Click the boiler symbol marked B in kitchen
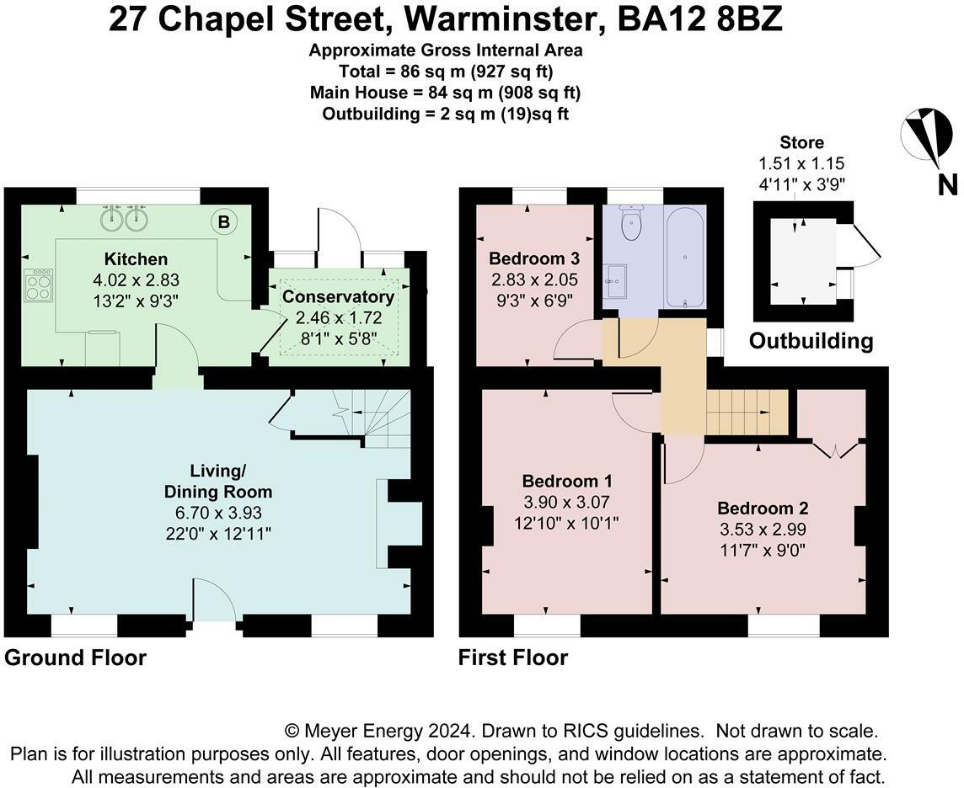coord(224,222)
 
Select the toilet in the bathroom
coord(631,221)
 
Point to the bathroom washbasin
coord(615,276)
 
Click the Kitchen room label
coord(136,258)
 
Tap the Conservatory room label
coord(338,297)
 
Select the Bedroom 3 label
coord(534,258)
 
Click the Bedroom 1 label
coord(567,482)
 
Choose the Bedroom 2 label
coord(763,508)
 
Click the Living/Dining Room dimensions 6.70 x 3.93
coord(217,512)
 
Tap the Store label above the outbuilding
coord(801,143)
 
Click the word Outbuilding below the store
coord(811,341)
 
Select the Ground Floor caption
coord(75,658)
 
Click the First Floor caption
coord(512,658)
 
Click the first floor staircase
coord(746,412)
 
